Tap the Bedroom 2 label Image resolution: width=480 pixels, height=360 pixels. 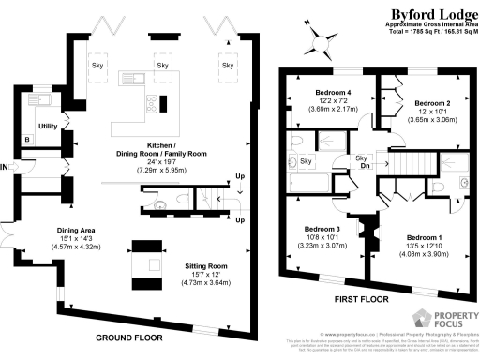click(x=433, y=103)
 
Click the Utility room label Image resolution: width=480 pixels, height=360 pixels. click(x=48, y=125)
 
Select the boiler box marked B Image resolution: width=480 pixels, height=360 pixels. click(x=28, y=141)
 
